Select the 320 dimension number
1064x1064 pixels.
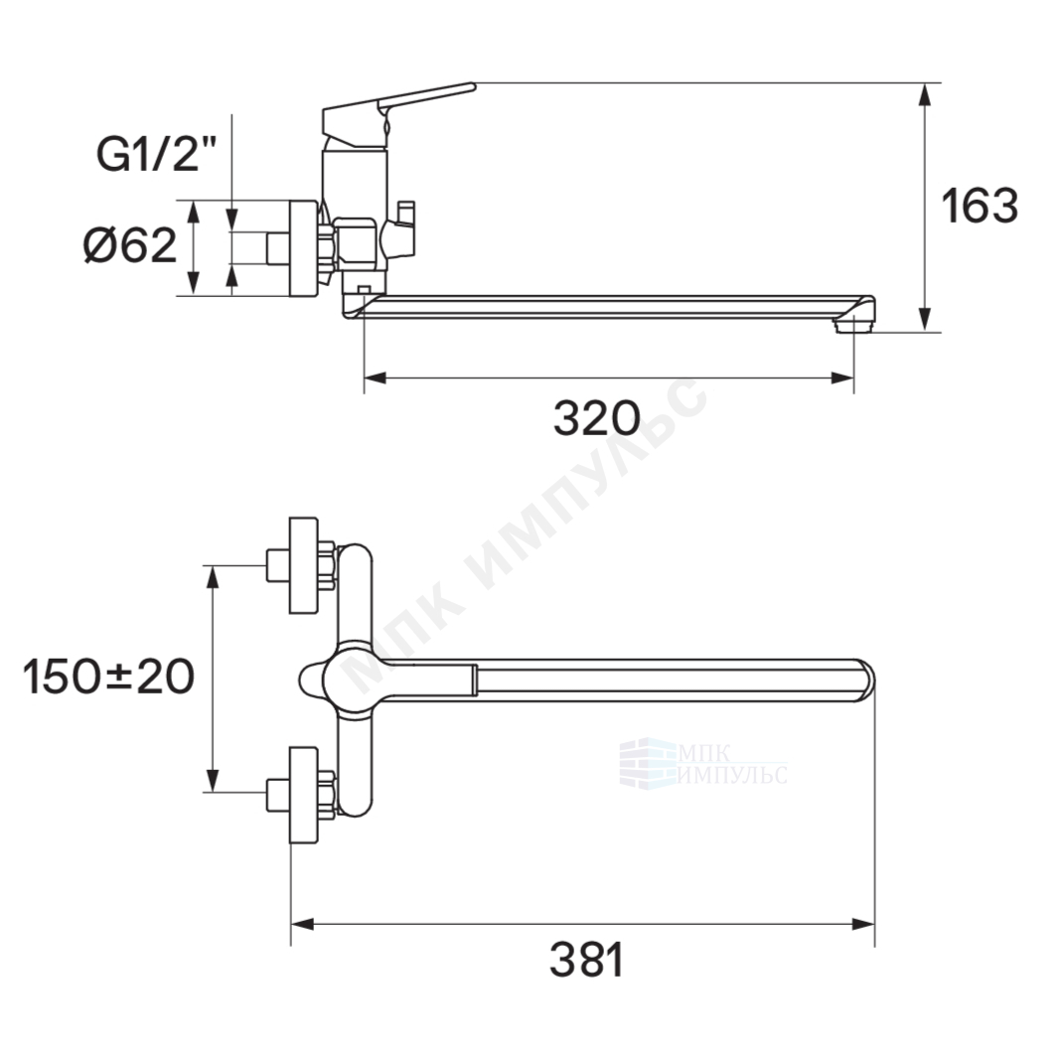click(596, 418)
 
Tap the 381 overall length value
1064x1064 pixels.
click(587, 960)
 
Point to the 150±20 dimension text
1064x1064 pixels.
click(108, 677)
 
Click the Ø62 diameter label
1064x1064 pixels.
click(129, 244)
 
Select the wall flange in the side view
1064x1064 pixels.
click(303, 248)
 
